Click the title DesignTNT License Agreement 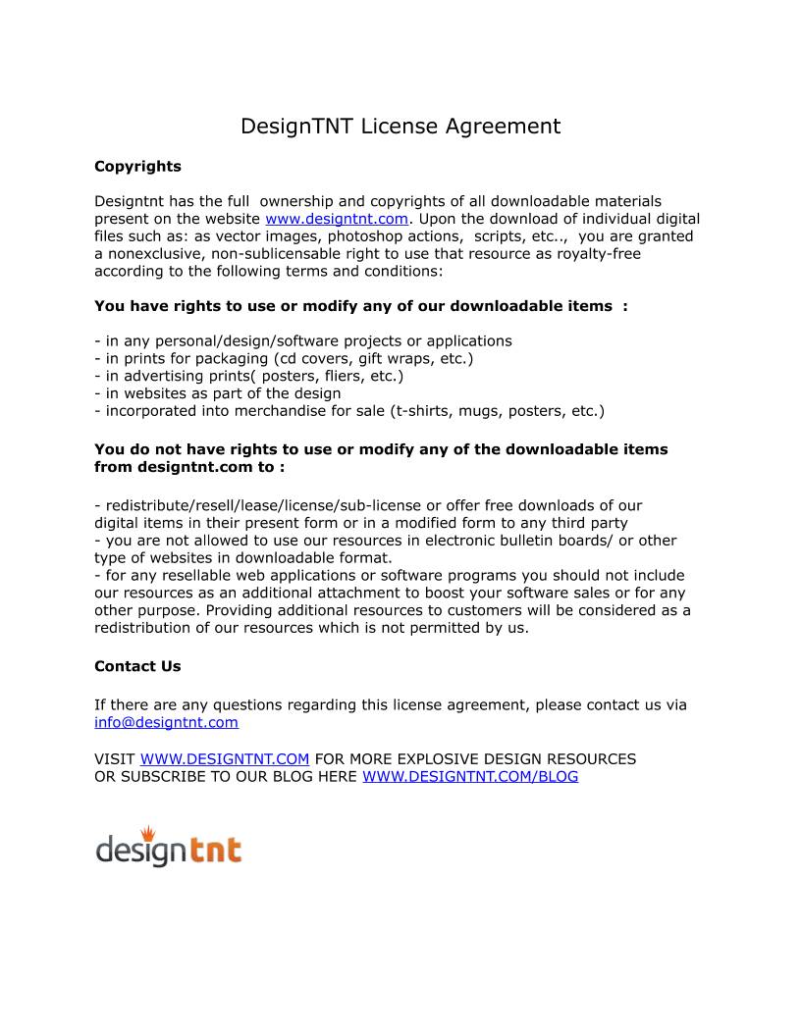pyautogui.click(x=400, y=127)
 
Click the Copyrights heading pyautogui.click(x=137, y=166)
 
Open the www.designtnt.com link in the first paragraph pyautogui.click(x=336, y=219)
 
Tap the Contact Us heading pyautogui.click(x=137, y=666)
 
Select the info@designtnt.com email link pyautogui.click(x=166, y=723)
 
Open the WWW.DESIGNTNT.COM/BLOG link pyautogui.click(x=470, y=776)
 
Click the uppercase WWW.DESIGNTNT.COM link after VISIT pyautogui.click(x=225, y=758)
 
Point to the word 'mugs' pyautogui.click(x=482, y=411)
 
